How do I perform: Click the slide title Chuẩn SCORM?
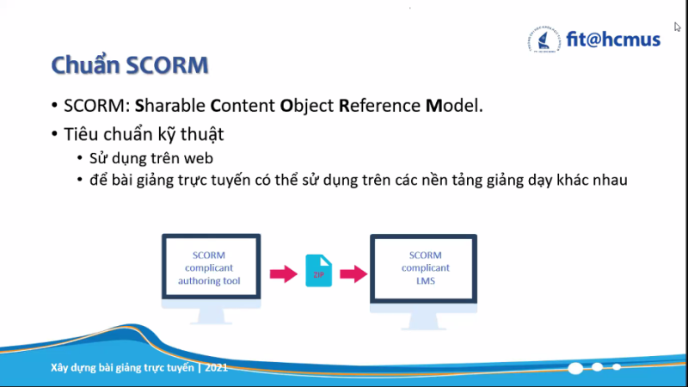coord(130,65)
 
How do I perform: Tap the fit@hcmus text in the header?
coord(613,40)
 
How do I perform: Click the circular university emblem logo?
coord(544,40)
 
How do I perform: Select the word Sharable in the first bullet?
coord(169,106)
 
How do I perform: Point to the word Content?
coord(243,106)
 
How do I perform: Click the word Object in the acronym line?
coord(307,107)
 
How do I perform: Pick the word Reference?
coord(379,106)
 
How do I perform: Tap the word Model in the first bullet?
coord(454,106)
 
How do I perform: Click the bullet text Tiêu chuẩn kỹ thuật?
coord(144,134)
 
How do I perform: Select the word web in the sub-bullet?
coord(199,158)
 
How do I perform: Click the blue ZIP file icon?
coord(318,271)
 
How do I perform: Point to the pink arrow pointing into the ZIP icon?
coord(284,273)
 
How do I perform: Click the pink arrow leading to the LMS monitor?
coord(353,273)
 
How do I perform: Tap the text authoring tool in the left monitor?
coord(209,281)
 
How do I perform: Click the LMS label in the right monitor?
coord(425,281)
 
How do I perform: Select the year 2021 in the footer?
coord(217,368)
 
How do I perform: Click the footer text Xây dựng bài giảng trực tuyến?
coord(122,368)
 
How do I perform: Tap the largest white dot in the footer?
coord(575,368)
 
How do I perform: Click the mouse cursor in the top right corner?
coord(678,27)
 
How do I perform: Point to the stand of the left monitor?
coord(211,315)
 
